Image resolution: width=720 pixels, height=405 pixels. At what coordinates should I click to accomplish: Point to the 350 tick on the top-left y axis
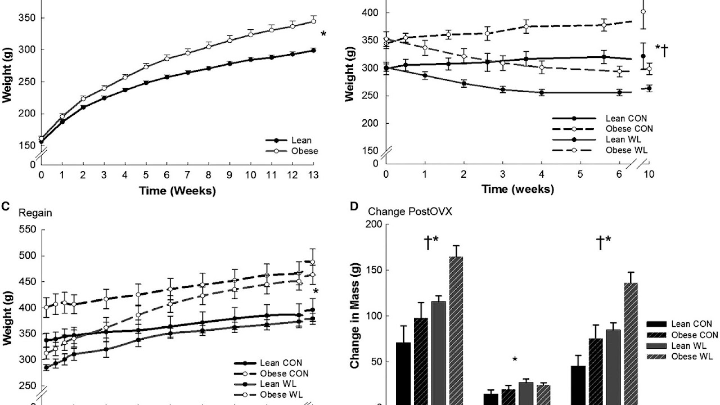pos(26,18)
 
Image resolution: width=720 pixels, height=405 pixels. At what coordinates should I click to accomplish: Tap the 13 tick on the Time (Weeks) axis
pos(313,175)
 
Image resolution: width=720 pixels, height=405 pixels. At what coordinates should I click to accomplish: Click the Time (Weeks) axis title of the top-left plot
pos(177,191)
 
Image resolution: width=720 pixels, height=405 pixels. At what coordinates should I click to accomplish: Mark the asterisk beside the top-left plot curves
pos(323,35)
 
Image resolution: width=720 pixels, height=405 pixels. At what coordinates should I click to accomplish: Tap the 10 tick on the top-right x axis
pos(649,175)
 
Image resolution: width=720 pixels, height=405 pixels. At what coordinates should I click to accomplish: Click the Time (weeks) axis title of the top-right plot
pos(517,190)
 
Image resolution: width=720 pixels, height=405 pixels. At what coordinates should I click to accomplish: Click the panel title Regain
pos(35,213)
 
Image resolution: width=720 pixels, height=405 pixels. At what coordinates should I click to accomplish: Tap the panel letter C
pos(5,206)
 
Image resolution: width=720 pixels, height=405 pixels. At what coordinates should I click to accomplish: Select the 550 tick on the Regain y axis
pos(26,229)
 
